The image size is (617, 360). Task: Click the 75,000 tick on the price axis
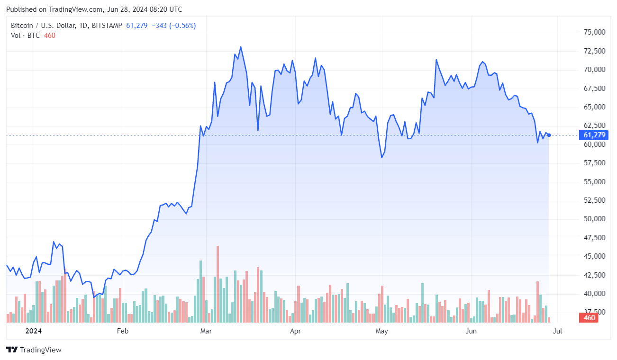click(x=594, y=32)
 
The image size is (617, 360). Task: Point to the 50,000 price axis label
click(x=594, y=219)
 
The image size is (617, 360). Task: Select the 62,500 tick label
click(x=594, y=126)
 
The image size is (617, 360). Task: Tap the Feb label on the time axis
click(x=123, y=331)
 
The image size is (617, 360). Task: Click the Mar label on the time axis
click(x=206, y=331)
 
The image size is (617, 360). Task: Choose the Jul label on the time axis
click(x=558, y=331)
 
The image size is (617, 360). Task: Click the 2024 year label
click(x=33, y=331)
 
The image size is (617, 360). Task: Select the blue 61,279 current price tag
click(x=594, y=135)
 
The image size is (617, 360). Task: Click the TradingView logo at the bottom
click(x=34, y=350)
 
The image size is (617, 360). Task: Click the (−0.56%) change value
click(x=182, y=26)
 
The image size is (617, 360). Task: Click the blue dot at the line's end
click(x=549, y=135)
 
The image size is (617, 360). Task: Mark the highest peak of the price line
click(x=241, y=47)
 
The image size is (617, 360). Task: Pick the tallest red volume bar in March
click(x=218, y=284)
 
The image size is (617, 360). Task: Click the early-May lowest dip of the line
click(x=382, y=158)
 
